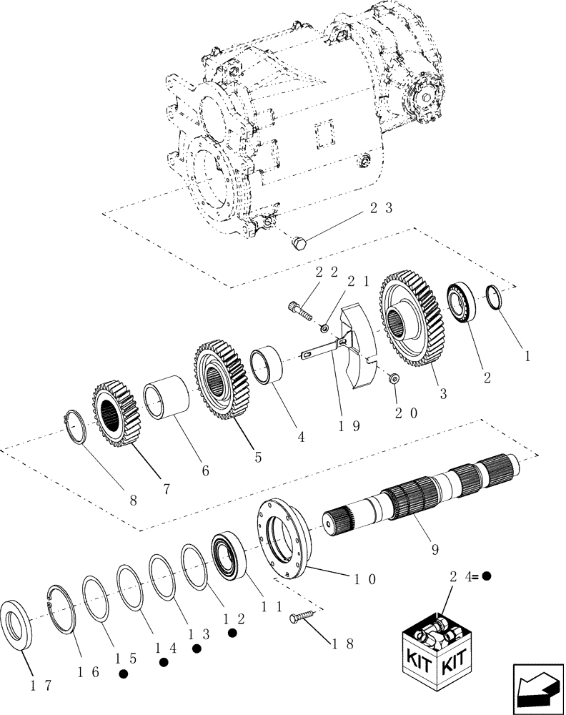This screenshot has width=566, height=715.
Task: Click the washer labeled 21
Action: (x=324, y=328)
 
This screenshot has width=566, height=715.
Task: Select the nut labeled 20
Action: (x=393, y=377)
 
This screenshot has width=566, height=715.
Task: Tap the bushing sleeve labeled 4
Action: (x=269, y=366)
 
